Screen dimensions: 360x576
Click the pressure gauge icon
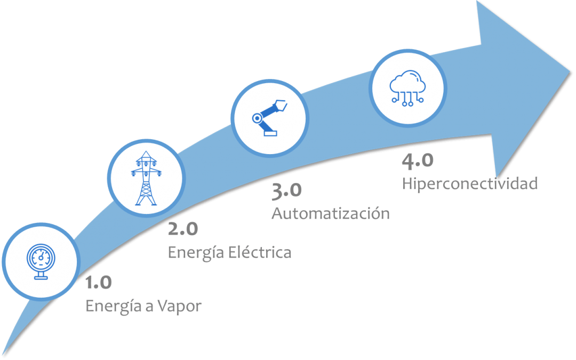[40, 261]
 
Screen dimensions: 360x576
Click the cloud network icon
[407, 89]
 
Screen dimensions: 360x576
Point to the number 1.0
[99, 283]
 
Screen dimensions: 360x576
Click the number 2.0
[182, 229]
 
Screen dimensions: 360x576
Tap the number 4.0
[418, 160]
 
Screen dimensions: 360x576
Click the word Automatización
[330, 213]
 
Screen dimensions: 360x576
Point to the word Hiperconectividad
[469, 183]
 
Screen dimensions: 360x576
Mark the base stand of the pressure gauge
[40, 277]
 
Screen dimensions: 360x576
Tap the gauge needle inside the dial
[41, 256]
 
